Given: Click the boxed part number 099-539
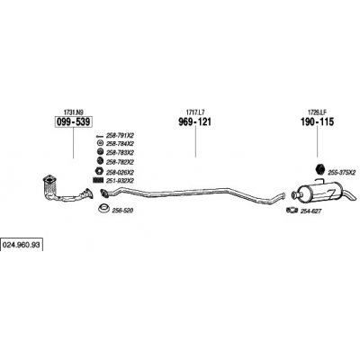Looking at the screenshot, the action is pyautogui.click(x=73, y=122).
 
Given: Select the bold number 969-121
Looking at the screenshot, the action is pyautogui.click(x=195, y=122).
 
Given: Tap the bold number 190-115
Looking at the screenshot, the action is pyautogui.click(x=317, y=122).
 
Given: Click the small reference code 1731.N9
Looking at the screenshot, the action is pyautogui.click(x=73, y=112).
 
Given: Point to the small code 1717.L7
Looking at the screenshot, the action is pyautogui.click(x=195, y=112).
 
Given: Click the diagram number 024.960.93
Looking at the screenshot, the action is pyautogui.click(x=22, y=245).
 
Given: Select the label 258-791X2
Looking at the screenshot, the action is pyautogui.click(x=120, y=135).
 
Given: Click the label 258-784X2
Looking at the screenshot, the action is pyautogui.click(x=120, y=143).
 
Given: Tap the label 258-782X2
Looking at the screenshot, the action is pyautogui.click(x=120, y=162).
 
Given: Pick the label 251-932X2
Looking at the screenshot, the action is pyautogui.click(x=120, y=181).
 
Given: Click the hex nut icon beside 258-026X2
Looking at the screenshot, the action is pyautogui.click(x=99, y=172).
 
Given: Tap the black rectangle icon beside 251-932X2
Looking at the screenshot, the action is pyautogui.click(x=98, y=180).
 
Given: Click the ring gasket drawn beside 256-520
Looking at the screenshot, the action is pyautogui.click(x=103, y=208).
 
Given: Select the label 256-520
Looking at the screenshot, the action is pyautogui.click(x=122, y=211).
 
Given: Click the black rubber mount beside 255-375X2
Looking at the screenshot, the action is pyautogui.click(x=320, y=168).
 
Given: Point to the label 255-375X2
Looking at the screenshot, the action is pyautogui.click(x=342, y=173).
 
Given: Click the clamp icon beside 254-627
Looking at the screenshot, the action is pyautogui.click(x=292, y=210).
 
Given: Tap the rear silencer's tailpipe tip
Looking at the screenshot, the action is pyautogui.click(x=355, y=197).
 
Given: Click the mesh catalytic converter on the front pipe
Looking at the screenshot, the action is pyautogui.click(x=49, y=185).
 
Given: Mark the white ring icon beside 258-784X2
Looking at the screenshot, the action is pyautogui.click(x=100, y=143).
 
